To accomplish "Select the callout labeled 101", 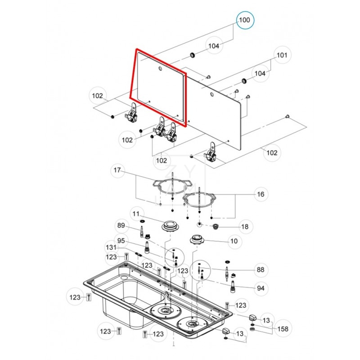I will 282,56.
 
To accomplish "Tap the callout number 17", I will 117,171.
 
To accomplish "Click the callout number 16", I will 260,194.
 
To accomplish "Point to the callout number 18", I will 245,227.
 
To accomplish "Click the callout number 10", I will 234,241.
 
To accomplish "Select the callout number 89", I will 121,226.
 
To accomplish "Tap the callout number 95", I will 121,240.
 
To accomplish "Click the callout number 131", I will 111,247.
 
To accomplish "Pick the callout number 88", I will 260,270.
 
